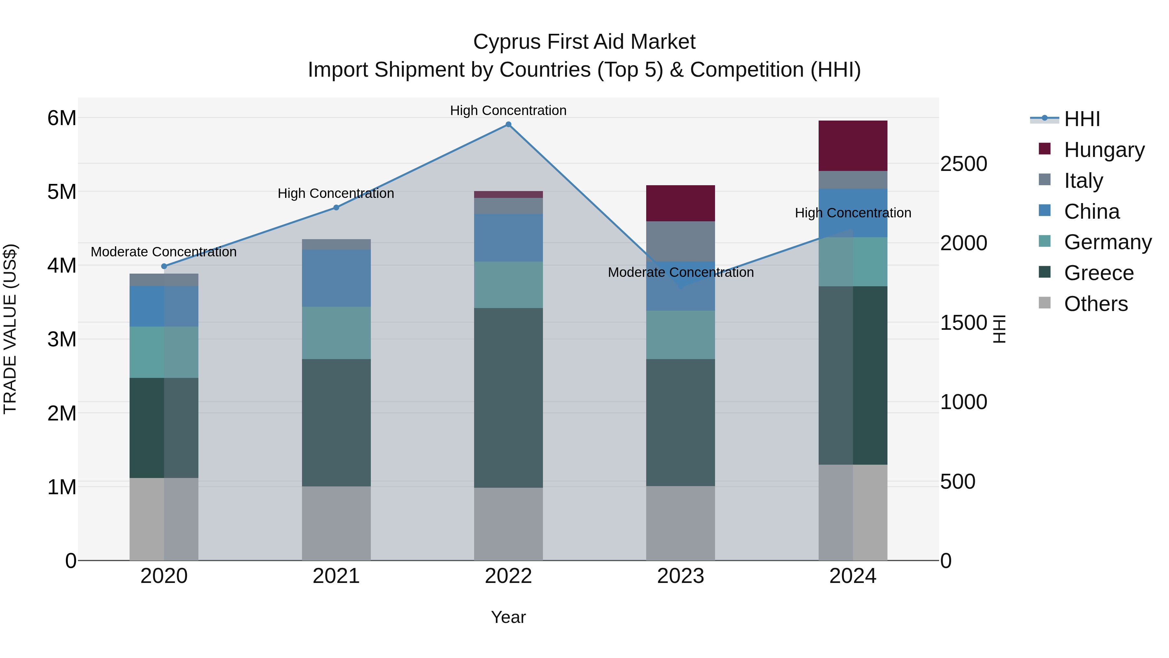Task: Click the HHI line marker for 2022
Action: [508, 124]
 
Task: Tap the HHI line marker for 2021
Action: [336, 208]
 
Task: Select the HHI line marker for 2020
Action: [164, 266]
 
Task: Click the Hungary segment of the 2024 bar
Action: [853, 146]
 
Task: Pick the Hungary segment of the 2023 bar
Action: [680, 203]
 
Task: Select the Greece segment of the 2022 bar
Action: [508, 398]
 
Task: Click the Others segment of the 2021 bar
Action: [336, 523]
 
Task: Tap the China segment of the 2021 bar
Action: [336, 278]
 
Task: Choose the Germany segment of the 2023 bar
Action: [680, 335]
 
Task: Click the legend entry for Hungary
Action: [1104, 150]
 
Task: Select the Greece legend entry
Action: [1098, 273]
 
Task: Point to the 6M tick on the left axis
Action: [62, 118]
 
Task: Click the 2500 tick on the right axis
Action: [963, 164]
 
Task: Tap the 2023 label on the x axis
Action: [680, 576]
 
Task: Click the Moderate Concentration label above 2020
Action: [164, 252]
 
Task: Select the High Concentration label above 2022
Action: [508, 110]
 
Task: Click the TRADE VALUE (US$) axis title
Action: [10, 329]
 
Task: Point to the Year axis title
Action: [508, 617]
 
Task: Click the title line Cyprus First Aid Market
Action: [584, 42]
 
